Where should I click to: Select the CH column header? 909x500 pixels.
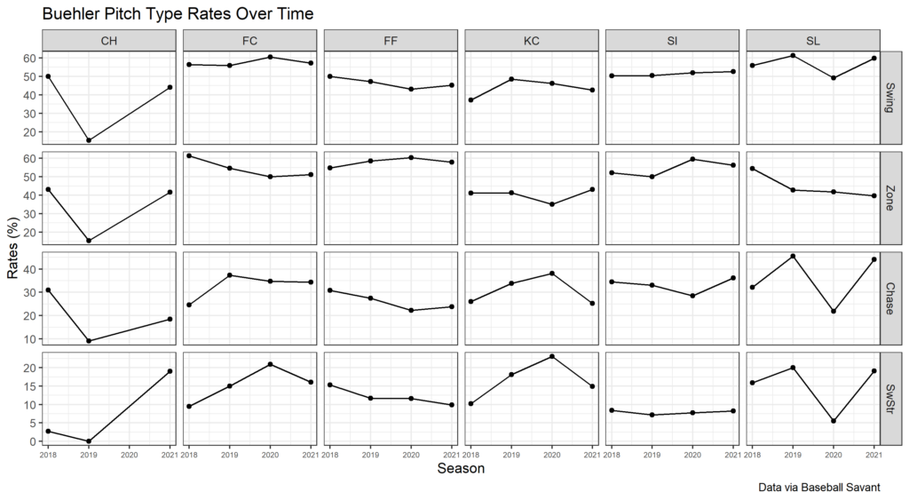[x=108, y=41]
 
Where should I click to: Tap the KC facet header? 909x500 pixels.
[x=531, y=41]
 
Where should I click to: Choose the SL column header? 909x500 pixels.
[x=812, y=41]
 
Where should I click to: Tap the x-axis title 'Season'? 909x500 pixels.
[x=460, y=469]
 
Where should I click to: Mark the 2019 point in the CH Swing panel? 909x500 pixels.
[x=88, y=140]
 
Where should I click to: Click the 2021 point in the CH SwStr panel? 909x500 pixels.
[x=170, y=371]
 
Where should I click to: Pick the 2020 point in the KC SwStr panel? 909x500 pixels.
[x=551, y=356]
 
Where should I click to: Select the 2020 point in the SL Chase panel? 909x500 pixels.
[x=834, y=311]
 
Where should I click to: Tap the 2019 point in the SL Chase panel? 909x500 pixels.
[x=793, y=256]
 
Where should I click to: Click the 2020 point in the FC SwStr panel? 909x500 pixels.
[x=270, y=364]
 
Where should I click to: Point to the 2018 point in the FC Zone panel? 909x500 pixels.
[x=189, y=155]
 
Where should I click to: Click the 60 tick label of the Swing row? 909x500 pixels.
[x=29, y=58]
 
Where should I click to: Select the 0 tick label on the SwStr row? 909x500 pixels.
[x=33, y=441]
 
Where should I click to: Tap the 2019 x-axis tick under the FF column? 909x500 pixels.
[x=370, y=454]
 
